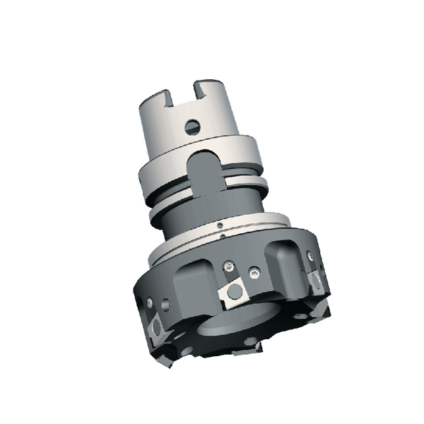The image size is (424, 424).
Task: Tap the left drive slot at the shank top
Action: (170, 95)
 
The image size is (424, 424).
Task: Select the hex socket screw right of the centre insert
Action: (253, 271)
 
